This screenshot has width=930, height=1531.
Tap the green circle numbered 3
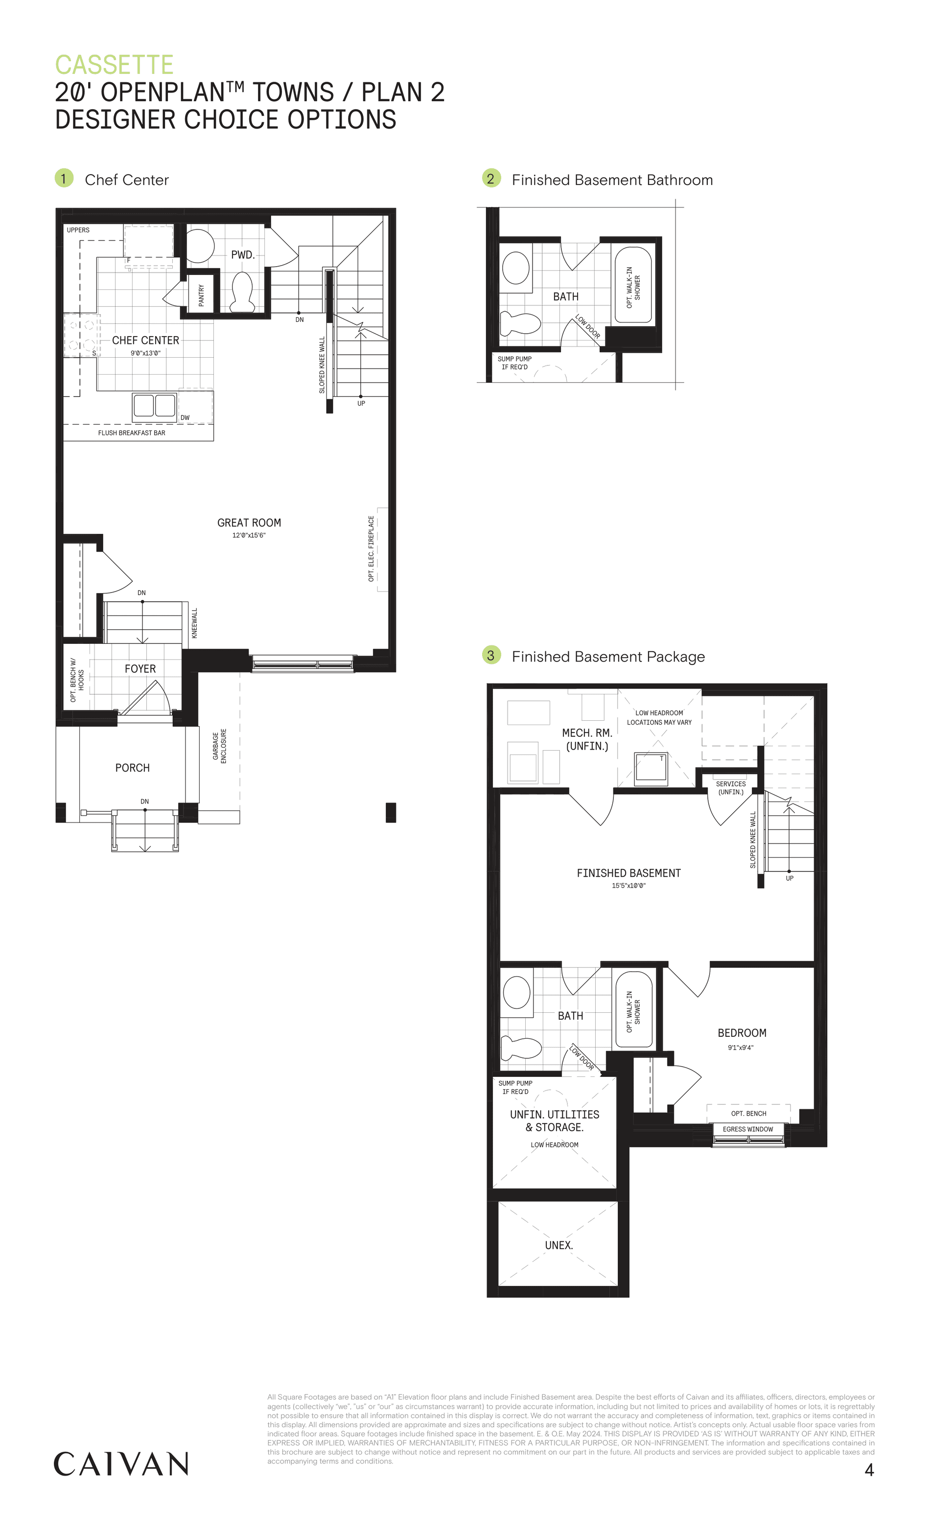(x=491, y=655)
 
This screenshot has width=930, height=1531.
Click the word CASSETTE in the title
(x=115, y=65)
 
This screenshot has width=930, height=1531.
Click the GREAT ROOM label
(x=249, y=523)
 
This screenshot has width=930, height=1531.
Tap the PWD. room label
(x=242, y=255)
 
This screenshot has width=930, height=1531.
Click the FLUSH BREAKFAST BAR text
(x=132, y=433)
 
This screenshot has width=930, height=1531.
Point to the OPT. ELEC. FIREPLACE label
(x=371, y=548)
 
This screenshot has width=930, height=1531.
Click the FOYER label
(x=140, y=668)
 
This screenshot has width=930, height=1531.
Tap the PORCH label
(x=133, y=768)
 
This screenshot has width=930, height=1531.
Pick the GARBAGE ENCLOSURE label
(x=219, y=746)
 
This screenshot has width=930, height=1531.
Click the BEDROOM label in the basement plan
(x=742, y=1033)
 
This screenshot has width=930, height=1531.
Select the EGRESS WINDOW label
(x=748, y=1129)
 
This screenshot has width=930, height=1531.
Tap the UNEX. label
(x=559, y=1245)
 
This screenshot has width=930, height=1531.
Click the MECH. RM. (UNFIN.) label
(x=587, y=739)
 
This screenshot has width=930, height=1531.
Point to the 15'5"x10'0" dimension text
(x=628, y=886)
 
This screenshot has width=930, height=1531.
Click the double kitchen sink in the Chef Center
(x=154, y=406)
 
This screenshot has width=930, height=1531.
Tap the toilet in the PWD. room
(x=242, y=292)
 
